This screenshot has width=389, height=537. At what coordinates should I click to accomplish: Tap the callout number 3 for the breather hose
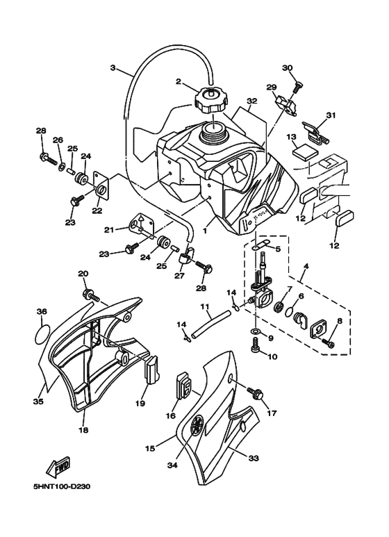click(113, 68)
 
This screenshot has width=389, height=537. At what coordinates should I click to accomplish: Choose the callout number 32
click(251, 101)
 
